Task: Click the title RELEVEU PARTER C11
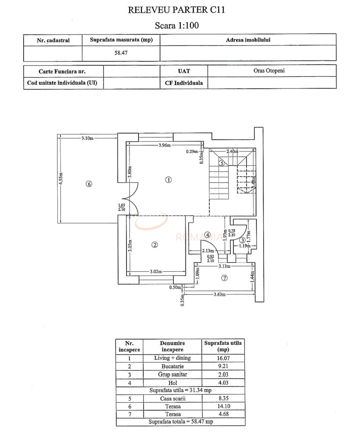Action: [x=176, y=10]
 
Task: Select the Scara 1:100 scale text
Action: [x=177, y=25]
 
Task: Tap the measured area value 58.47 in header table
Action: [x=121, y=53]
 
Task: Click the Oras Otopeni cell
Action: [x=269, y=70]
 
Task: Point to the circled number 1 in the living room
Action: [x=168, y=180]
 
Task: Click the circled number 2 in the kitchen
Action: [x=155, y=245]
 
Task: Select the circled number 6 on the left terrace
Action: [x=89, y=184]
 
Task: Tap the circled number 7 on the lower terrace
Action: [x=224, y=278]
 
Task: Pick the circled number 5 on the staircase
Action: [x=222, y=163]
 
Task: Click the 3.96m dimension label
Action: [x=164, y=145]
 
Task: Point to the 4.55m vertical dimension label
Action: [x=61, y=179]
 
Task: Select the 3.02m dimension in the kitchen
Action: [x=156, y=272]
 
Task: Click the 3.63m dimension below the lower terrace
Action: [x=219, y=294]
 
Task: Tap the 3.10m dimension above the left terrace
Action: [x=87, y=138]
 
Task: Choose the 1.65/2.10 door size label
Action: [x=121, y=207]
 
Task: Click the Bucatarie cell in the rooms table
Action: [x=172, y=366]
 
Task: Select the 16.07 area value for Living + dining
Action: [x=223, y=358]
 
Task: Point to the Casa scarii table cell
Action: [x=173, y=398]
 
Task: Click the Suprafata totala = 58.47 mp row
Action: [x=180, y=422]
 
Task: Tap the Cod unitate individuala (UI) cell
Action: [x=62, y=83]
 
